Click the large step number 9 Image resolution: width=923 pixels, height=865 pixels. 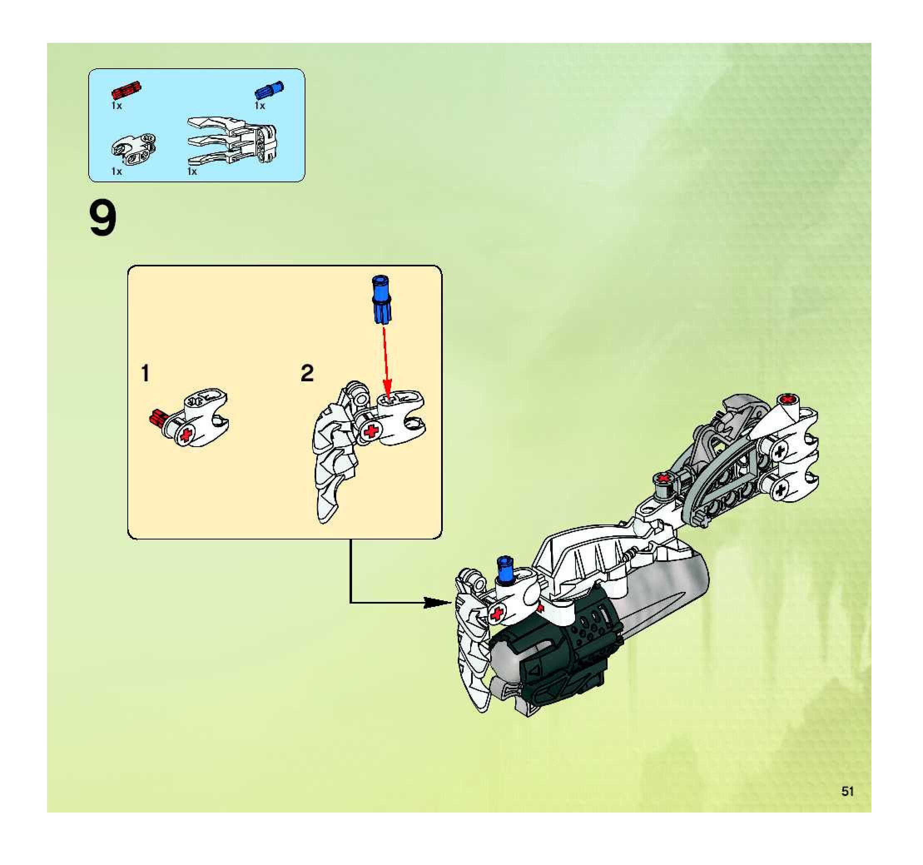click(x=103, y=220)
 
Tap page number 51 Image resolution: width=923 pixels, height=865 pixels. click(x=848, y=791)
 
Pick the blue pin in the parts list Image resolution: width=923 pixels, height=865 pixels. click(x=269, y=89)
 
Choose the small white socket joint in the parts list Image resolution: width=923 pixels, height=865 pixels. click(x=134, y=149)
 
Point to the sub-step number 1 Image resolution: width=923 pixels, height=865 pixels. click(x=145, y=373)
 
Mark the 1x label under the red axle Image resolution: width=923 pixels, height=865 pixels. click(x=117, y=106)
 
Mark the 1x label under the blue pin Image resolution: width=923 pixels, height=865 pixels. click(x=260, y=106)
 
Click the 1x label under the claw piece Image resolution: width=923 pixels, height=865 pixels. click(x=192, y=172)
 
